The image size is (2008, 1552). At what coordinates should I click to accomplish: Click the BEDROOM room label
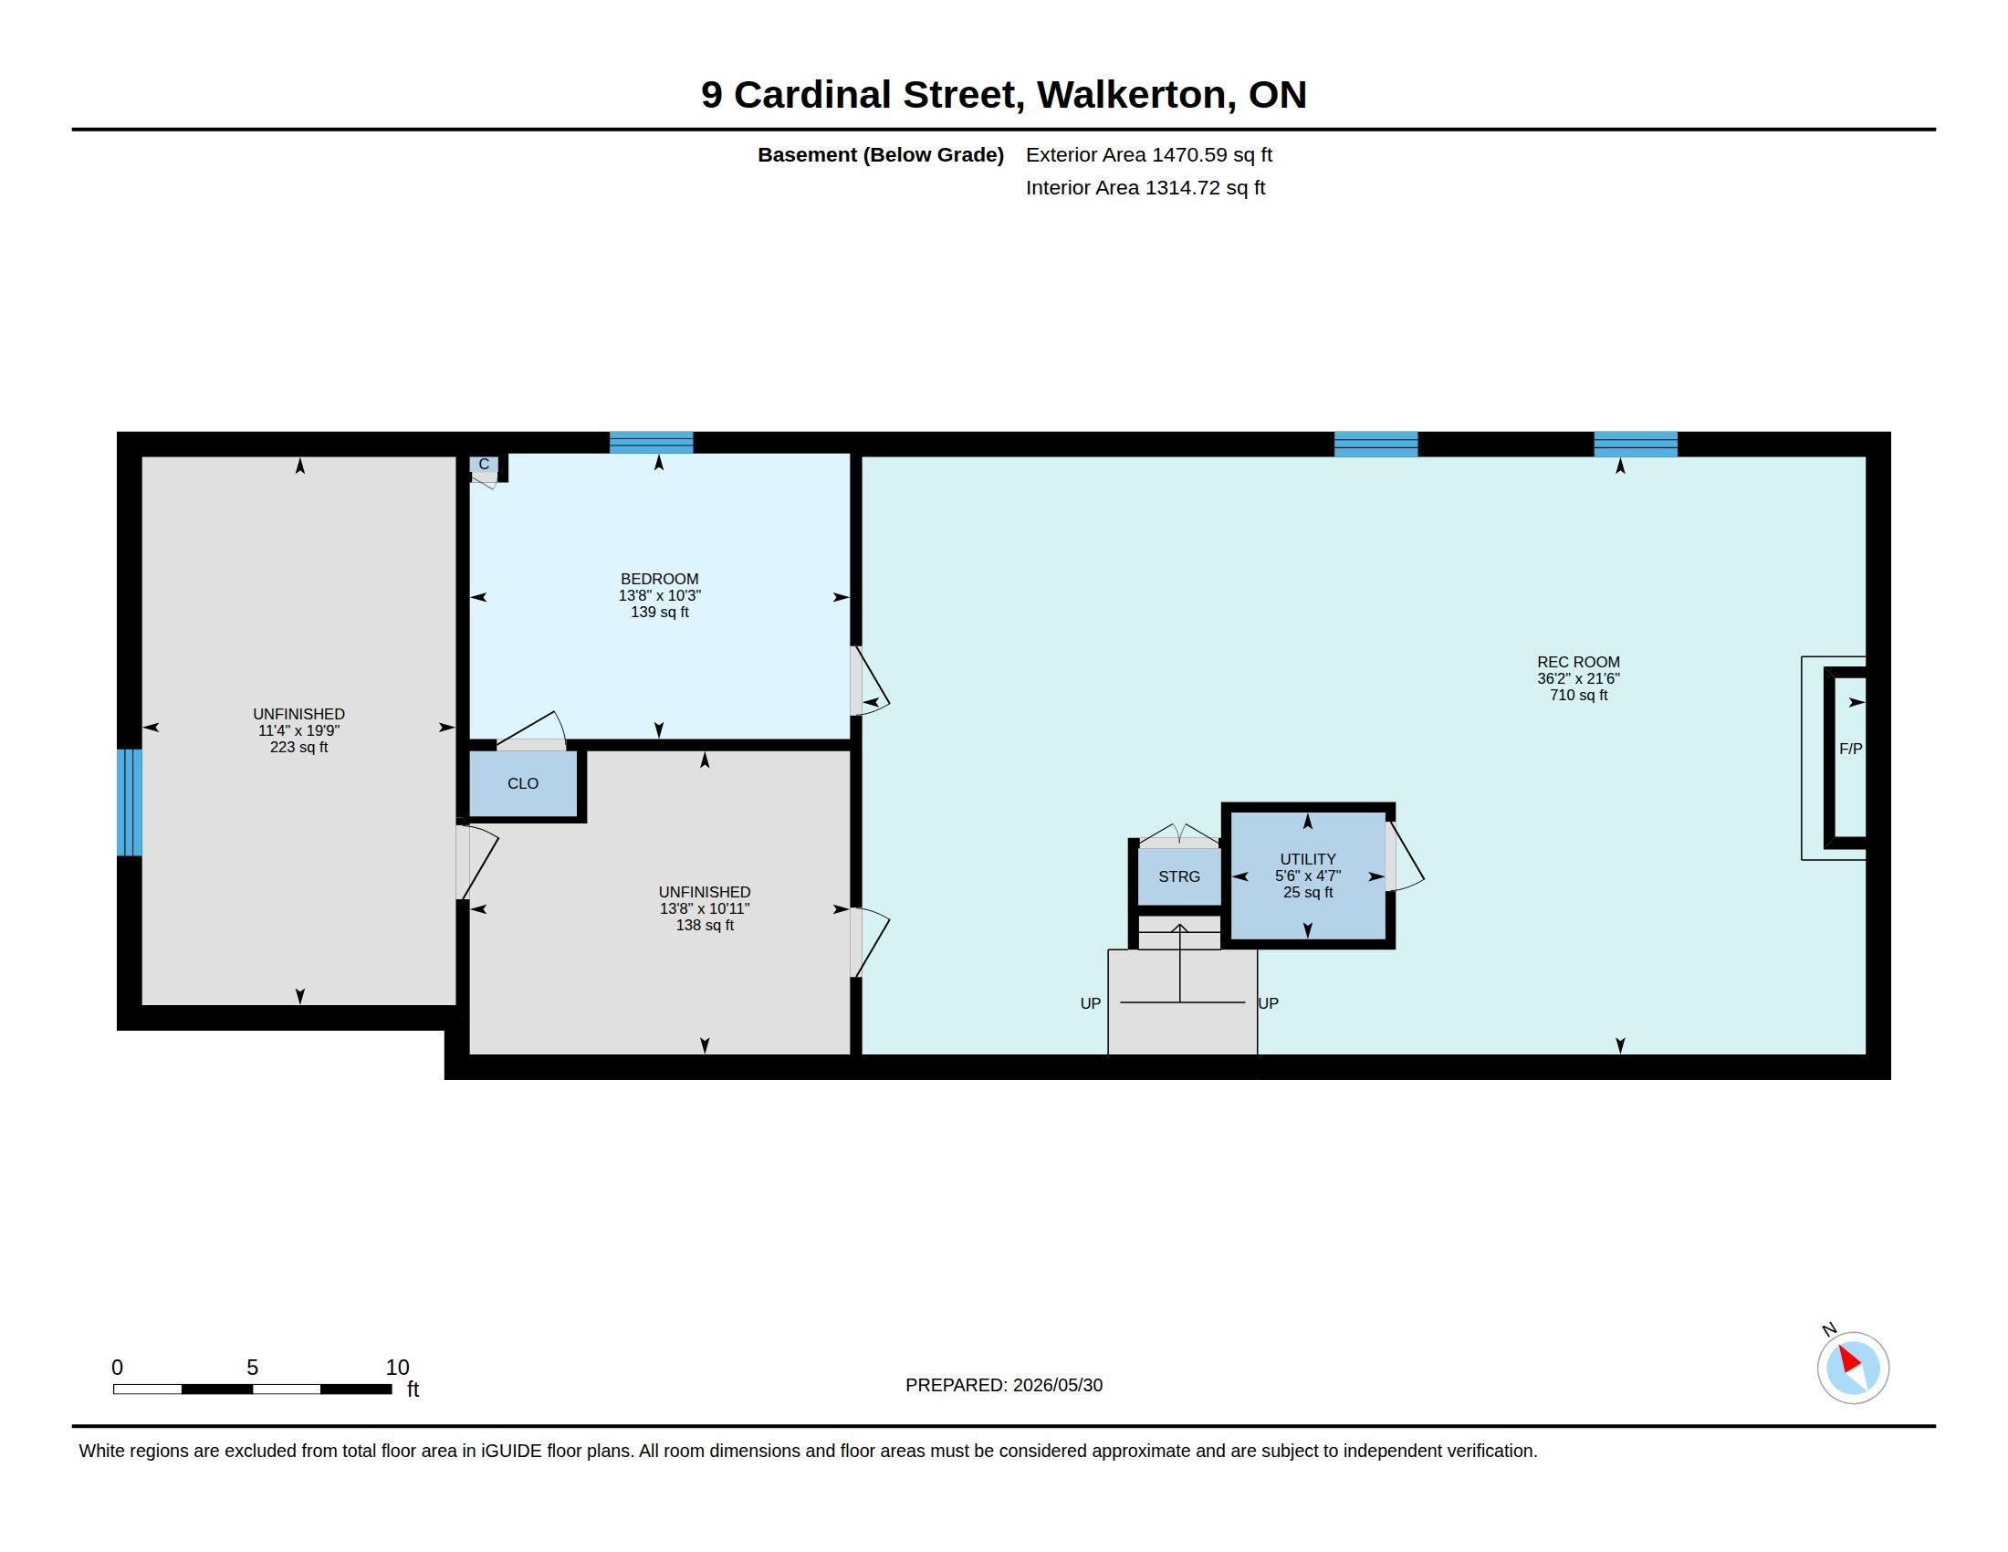(x=659, y=579)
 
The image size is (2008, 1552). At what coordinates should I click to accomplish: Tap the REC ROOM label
(x=1578, y=662)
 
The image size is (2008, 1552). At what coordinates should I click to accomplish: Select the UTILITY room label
(x=1307, y=860)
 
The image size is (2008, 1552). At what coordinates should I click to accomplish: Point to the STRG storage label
(x=1178, y=877)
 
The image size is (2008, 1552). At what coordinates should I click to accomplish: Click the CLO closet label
(x=522, y=783)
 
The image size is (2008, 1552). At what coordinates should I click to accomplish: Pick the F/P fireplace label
(x=1850, y=750)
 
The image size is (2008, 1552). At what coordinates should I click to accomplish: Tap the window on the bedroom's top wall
(x=651, y=442)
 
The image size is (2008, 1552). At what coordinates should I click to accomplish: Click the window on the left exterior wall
(x=130, y=802)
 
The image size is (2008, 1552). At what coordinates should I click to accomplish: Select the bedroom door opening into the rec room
(x=868, y=680)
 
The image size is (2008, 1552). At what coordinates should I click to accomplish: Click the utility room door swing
(x=1404, y=856)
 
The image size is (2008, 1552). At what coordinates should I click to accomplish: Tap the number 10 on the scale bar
(x=397, y=1368)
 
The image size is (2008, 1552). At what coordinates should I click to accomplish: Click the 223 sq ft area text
(x=298, y=748)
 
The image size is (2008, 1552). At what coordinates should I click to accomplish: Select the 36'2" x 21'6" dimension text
(x=1578, y=678)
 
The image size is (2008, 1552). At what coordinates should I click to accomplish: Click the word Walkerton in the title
(x=1136, y=95)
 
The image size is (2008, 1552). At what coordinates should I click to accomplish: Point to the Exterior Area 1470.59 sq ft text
(x=1149, y=154)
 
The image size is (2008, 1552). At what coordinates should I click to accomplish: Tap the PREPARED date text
(x=1004, y=1386)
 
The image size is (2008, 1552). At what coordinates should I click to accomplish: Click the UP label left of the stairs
(x=1091, y=1004)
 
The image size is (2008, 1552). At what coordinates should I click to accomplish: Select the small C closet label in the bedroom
(x=484, y=465)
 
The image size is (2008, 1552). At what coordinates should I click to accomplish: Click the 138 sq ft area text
(x=705, y=926)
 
